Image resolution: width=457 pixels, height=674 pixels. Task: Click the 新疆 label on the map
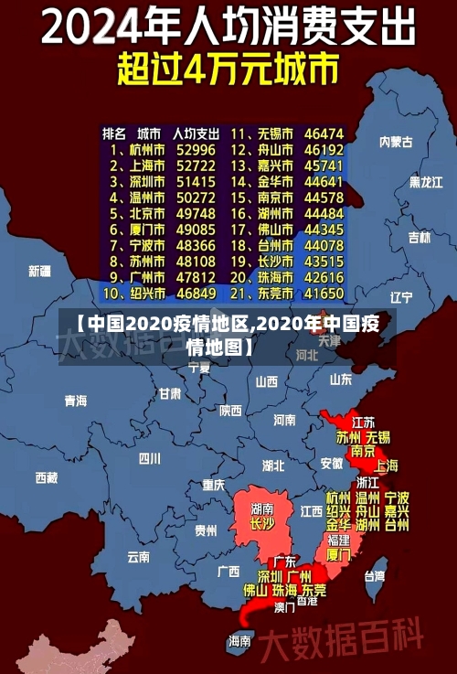pos(39,271)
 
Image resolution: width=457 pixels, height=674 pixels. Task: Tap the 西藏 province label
pos(47,476)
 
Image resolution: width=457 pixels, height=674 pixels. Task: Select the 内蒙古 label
pos(396,142)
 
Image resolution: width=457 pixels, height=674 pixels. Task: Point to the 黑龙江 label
pos(425,182)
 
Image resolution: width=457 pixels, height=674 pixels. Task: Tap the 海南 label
pos(240,640)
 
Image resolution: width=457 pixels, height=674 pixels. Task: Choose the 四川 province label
pos(149,458)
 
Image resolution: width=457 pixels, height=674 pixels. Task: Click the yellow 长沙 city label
pos(261,524)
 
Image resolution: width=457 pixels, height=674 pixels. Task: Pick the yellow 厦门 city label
pos(338,554)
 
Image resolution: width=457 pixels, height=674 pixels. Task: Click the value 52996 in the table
pos(196,149)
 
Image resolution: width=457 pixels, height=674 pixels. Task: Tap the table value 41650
pos(324,294)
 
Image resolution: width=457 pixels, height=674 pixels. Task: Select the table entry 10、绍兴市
pos(133,294)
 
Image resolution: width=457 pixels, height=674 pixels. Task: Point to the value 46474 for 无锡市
pos(324,133)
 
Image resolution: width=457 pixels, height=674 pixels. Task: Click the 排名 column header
pos(114,133)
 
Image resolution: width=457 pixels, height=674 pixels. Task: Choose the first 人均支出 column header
pos(196,133)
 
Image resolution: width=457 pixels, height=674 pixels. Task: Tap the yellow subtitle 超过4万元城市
pos(228,69)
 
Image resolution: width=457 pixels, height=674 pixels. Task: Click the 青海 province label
pos(76,401)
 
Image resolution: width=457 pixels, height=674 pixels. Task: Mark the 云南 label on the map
pos(138,556)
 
